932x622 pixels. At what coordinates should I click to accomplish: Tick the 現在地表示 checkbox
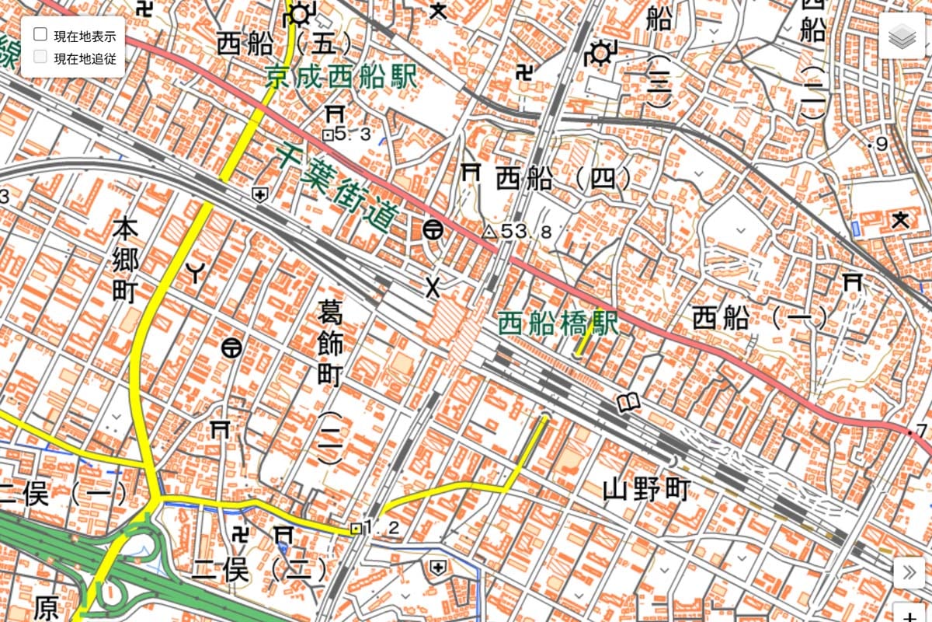coord(40,36)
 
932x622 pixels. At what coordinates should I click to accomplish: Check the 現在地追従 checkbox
coord(40,57)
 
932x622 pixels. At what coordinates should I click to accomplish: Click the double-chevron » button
coord(909,575)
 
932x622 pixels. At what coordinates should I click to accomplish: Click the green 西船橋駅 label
coord(557,322)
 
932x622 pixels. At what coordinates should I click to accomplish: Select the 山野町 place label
coord(646,491)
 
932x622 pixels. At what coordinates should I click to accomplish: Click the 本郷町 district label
coord(124,261)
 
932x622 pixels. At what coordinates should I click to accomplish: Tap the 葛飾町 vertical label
coord(330,345)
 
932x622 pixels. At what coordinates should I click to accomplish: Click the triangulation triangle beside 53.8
coord(489,232)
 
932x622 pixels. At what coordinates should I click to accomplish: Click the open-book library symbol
coord(628,403)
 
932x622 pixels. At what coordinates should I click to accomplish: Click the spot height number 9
coord(881,144)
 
